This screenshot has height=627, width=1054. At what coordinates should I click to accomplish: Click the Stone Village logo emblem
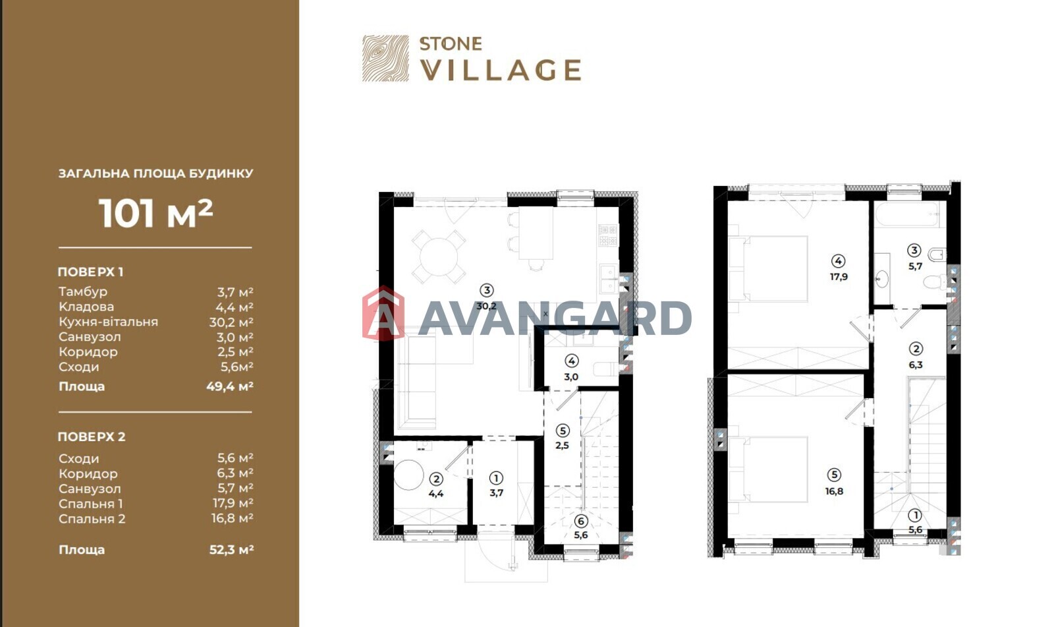click(x=385, y=59)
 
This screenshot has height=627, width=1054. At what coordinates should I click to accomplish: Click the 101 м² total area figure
click(x=155, y=214)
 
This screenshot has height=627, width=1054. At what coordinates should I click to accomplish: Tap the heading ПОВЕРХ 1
click(x=90, y=272)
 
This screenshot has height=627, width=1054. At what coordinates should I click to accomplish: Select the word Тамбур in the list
click(x=83, y=291)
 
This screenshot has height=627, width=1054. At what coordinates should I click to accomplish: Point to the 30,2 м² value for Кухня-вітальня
click(x=231, y=322)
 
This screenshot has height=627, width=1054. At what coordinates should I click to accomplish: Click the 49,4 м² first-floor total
click(x=230, y=387)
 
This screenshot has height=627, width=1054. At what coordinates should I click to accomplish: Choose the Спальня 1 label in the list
click(x=91, y=504)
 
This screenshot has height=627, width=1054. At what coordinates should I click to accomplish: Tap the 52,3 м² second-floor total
click(x=231, y=550)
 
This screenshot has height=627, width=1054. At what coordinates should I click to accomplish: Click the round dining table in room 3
click(x=439, y=256)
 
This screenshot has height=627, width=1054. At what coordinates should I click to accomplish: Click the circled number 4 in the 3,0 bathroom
click(x=571, y=361)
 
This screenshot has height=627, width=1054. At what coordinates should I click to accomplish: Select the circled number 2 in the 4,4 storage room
click(x=435, y=479)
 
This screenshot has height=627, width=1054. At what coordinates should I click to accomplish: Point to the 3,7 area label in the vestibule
click(x=497, y=493)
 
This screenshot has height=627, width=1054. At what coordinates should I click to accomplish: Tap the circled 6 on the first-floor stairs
click(x=580, y=521)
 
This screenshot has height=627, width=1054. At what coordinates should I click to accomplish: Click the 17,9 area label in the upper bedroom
click(x=839, y=276)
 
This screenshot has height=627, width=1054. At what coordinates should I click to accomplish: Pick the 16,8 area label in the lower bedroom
click(x=834, y=491)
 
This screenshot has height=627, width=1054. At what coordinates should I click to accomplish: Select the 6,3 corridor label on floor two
click(x=915, y=365)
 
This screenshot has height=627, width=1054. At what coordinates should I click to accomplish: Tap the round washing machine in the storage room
click(x=408, y=475)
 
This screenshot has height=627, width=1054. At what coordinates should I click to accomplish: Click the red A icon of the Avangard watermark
click(x=383, y=313)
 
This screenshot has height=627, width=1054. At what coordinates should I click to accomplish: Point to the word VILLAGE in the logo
click(x=500, y=70)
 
